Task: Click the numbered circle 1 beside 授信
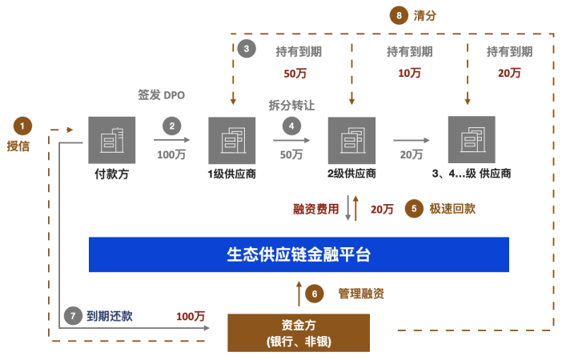coord(24,126)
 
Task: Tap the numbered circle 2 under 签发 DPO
coord(171,126)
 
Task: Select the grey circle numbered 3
coord(247,49)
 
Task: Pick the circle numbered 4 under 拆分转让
coord(291,126)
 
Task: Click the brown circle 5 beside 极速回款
coord(413,209)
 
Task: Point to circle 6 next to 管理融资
coord(315,294)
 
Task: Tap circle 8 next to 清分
coord(398,15)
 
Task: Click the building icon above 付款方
coord(111,140)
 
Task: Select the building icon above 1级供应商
coord(231,140)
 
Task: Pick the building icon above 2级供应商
coord(351,140)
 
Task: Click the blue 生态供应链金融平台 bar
coord(299,254)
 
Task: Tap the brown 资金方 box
coord(299,332)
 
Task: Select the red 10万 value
coord(408,73)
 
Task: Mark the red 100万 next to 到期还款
coord(191,316)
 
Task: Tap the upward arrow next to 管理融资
coord(299,293)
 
